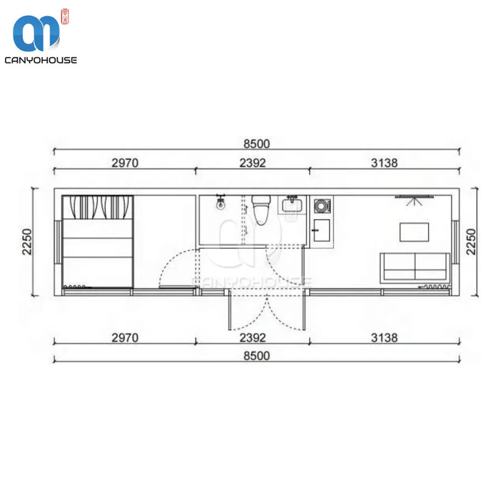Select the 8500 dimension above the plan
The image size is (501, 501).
[256, 144]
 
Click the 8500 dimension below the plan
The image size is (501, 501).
[256, 355]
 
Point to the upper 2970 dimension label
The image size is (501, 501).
[124, 163]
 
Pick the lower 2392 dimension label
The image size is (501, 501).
[252, 337]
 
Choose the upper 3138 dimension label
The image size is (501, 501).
[384, 163]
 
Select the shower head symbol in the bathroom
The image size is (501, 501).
[221, 203]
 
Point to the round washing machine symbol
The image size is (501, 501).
[322, 208]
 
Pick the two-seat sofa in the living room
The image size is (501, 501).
[415, 267]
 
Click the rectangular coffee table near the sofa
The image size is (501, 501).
[414, 232]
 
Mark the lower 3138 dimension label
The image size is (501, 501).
[384, 337]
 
